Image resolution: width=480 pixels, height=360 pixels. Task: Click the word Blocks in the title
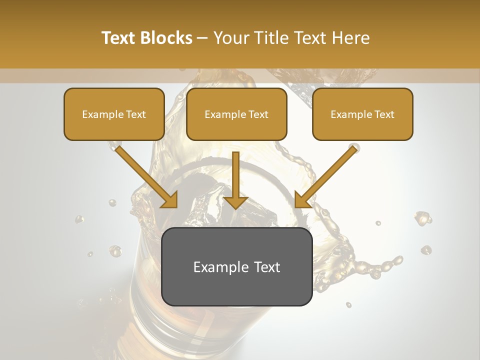166,38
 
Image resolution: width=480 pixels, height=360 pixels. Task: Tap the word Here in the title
350,38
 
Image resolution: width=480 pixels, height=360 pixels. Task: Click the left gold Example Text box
114,114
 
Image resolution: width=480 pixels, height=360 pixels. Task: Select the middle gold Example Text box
236,114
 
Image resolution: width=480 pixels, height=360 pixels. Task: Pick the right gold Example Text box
362,114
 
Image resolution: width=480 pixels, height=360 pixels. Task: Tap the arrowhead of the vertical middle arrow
235,202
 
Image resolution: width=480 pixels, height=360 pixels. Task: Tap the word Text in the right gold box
384,114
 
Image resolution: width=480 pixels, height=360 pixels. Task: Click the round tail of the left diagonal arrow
118,147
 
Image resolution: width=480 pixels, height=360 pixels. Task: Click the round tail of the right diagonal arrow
354,148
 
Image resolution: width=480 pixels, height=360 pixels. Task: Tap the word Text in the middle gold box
258,114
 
